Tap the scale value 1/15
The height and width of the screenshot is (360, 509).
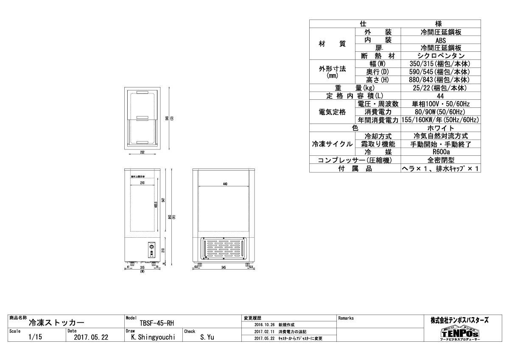[x=35, y=337]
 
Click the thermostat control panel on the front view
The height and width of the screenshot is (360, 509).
[x=151, y=250]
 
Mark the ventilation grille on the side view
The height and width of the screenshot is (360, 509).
[x=224, y=250]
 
